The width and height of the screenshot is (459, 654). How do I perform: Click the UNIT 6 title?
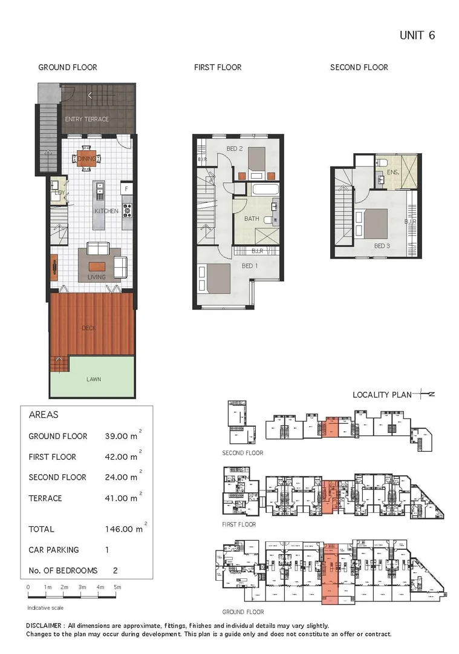click(417, 35)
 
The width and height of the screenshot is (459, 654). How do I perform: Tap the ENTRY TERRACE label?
click(86, 119)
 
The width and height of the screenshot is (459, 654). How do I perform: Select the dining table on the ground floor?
click(90, 159)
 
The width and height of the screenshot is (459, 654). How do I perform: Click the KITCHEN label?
click(106, 211)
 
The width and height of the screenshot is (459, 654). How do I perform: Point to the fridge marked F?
click(127, 189)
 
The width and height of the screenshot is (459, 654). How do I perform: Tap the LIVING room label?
click(96, 277)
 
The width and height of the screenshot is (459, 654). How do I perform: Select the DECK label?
click(89, 328)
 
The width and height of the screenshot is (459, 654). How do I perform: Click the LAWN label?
click(93, 380)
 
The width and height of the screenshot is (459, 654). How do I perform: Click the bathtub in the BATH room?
click(265, 190)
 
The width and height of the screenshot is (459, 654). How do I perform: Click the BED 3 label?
click(382, 246)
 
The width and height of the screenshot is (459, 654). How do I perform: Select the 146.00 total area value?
click(123, 529)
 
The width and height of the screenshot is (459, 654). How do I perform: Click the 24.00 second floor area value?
click(120, 477)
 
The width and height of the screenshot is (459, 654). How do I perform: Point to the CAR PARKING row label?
click(54, 550)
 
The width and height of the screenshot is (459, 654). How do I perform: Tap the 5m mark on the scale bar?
click(118, 587)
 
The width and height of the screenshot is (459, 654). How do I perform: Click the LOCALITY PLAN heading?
click(382, 395)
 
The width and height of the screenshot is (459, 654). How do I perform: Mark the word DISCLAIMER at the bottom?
click(45, 626)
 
